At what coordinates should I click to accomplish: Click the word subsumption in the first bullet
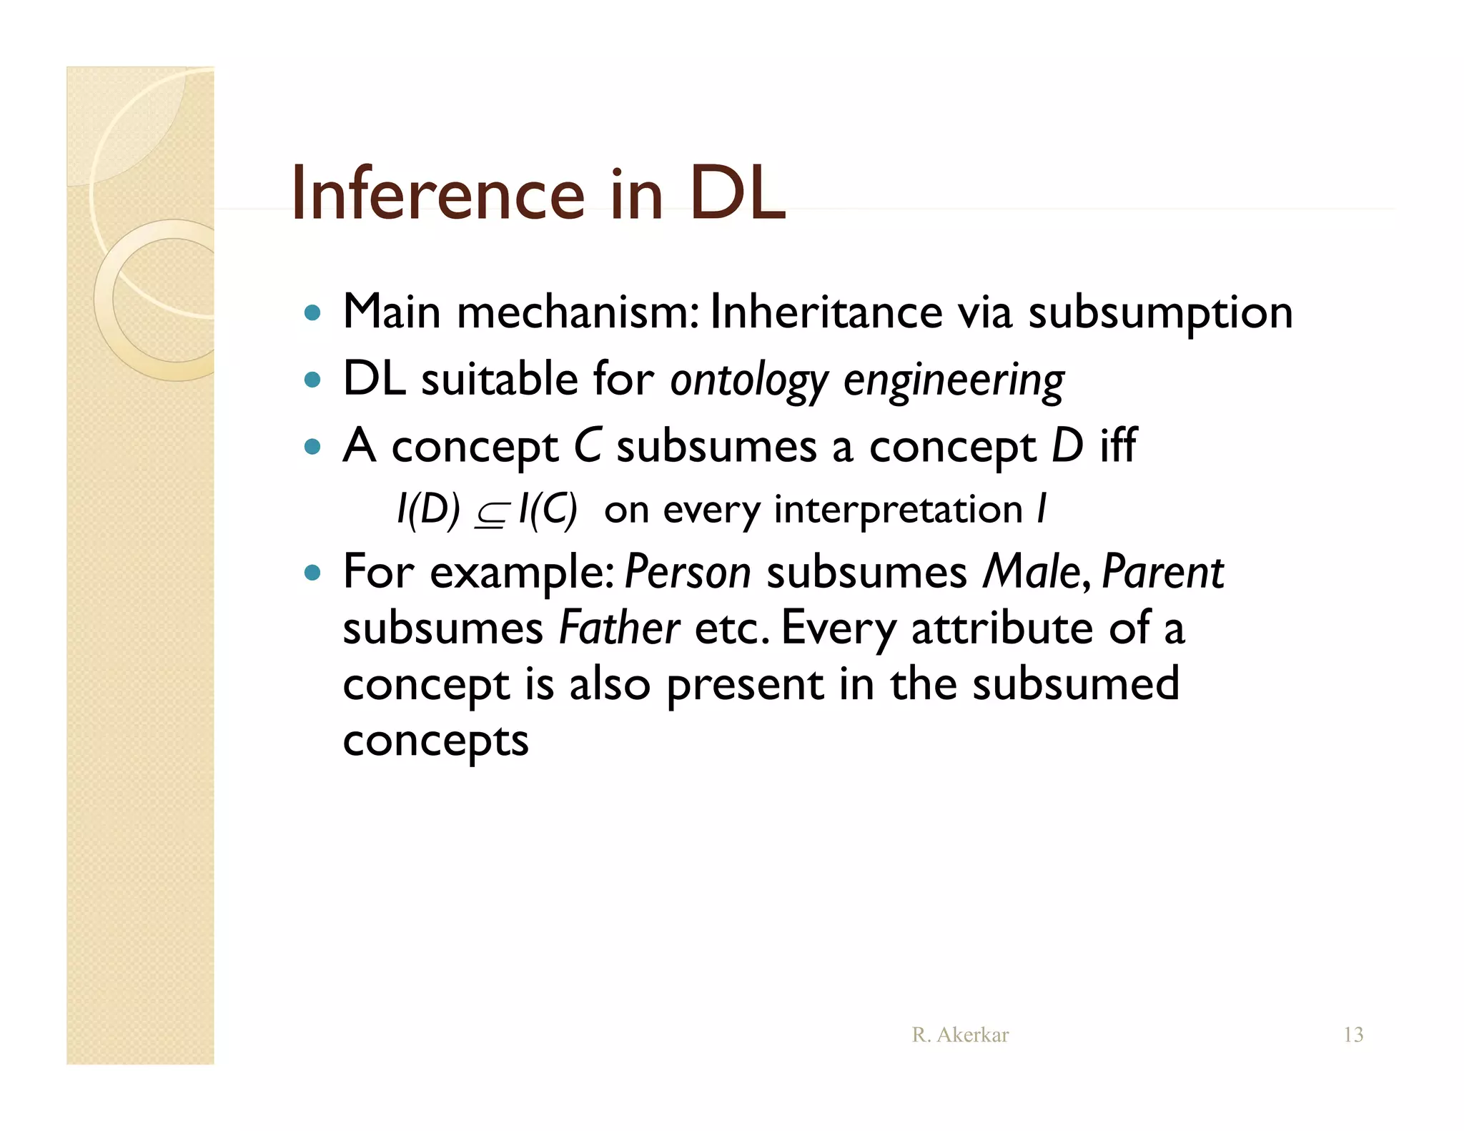pos(1160,312)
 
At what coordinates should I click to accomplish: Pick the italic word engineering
pos(954,380)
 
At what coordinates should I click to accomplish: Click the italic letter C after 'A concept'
pos(588,445)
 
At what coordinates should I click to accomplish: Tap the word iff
pos(1117,445)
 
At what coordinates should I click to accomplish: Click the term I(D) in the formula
pos(428,510)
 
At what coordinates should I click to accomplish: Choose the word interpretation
pos(899,510)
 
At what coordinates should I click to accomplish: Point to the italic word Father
pos(618,628)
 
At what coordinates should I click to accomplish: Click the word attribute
pos(1001,628)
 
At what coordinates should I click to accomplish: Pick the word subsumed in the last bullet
pos(1076,684)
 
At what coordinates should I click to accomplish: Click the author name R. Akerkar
pos(960,1034)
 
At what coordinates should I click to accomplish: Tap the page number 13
pos(1353,1034)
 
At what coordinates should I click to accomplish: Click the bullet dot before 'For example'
pos(312,573)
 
